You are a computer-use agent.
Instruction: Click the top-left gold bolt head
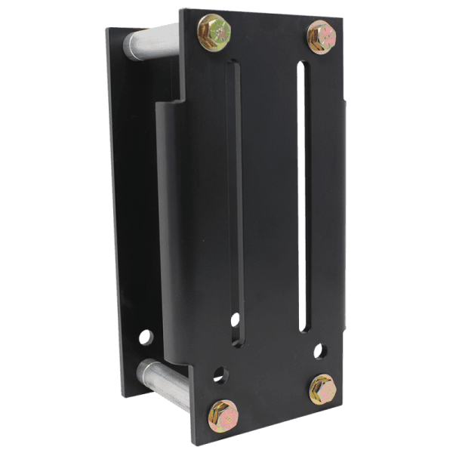click(213, 32)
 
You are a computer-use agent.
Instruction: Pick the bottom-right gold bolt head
click(322, 388)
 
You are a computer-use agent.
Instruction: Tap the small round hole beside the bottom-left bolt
click(220, 374)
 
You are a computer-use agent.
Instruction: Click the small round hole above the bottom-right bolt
click(321, 351)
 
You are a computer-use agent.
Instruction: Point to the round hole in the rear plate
click(146, 337)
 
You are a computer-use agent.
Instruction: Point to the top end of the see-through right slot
click(304, 65)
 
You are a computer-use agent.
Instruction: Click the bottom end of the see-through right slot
click(304, 329)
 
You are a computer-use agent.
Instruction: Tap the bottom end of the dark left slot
click(237, 344)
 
